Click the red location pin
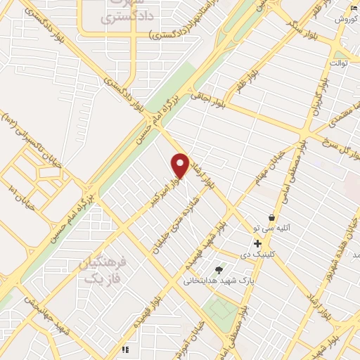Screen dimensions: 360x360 click(181, 166)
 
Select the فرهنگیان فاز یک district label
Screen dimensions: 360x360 click(103, 269)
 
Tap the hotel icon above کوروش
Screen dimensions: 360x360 click(354, 8)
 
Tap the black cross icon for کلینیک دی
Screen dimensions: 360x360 click(258, 243)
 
